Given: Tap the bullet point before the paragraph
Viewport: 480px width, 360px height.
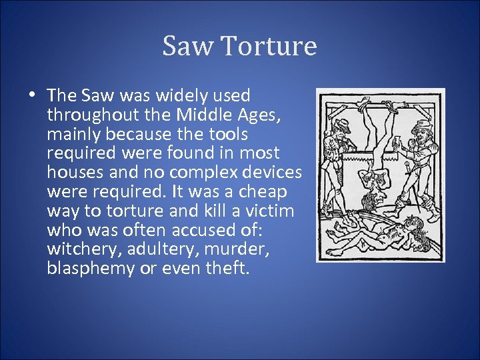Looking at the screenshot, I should (32, 96).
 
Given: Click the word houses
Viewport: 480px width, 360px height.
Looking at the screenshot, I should (73, 173).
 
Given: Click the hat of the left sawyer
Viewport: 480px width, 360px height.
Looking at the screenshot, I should (342, 124).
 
